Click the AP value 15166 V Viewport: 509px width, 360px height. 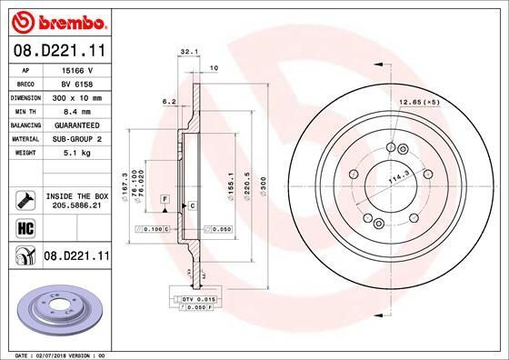pyautogui.click(x=75, y=69)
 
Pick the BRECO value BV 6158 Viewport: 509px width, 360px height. pyautogui.click(x=75, y=83)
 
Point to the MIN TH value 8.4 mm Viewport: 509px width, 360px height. pyautogui.click(x=75, y=110)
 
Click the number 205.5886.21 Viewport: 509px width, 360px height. pyautogui.click(x=75, y=206)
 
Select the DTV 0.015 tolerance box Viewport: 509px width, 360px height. pyautogui.click(x=193, y=297)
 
